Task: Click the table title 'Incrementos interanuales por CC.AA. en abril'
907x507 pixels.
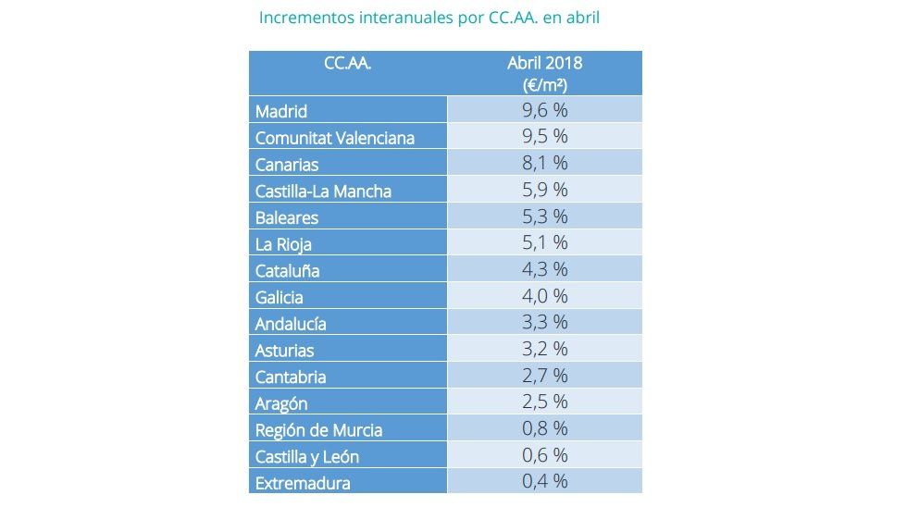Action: pyautogui.click(x=430, y=18)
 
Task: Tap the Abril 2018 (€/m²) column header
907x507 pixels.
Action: pyautogui.click(x=544, y=73)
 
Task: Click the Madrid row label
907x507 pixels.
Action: pyautogui.click(x=281, y=111)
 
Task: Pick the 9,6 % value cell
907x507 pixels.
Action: pyautogui.click(x=544, y=110)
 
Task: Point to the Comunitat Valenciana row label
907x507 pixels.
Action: pyautogui.click(x=334, y=138)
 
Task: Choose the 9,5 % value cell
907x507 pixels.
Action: pyautogui.click(x=544, y=137)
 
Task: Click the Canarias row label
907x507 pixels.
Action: pyautogui.click(x=287, y=165)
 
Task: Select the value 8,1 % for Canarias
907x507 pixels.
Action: pyautogui.click(x=544, y=164)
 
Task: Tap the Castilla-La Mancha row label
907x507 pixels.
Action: pyautogui.click(x=323, y=192)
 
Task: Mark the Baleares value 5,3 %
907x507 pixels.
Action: pyautogui.click(x=544, y=216)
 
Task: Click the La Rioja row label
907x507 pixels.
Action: pyautogui.click(x=283, y=244)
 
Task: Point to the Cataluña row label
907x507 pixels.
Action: pyautogui.click(x=287, y=271)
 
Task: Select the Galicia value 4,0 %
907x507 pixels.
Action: pyautogui.click(x=544, y=296)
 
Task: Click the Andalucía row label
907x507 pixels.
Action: pyautogui.click(x=291, y=324)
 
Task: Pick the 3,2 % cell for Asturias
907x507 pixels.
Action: pyautogui.click(x=544, y=349)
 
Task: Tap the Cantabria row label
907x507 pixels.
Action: pyautogui.click(x=291, y=377)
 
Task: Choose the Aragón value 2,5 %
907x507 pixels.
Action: pyautogui.click(x=544, y=402)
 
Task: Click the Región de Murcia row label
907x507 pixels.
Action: pyautogui.click(x=318, y=430)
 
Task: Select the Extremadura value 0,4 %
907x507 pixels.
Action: pyautogui.click(x=544, y=481)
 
